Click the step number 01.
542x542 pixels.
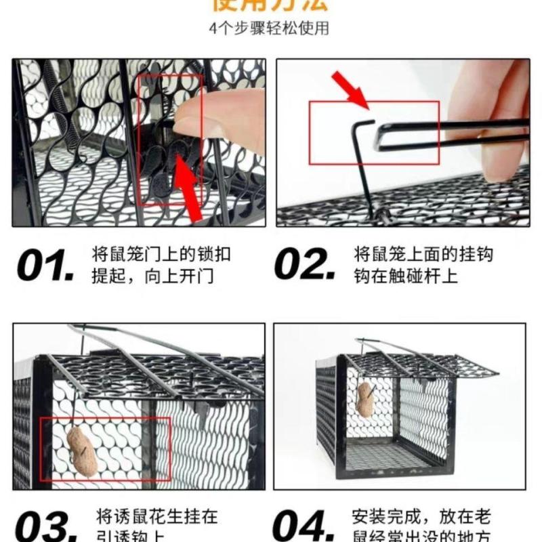44,266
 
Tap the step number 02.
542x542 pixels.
304,266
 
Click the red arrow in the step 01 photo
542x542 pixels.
192,187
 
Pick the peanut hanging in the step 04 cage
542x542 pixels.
367,400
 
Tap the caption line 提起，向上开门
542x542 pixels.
152,276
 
